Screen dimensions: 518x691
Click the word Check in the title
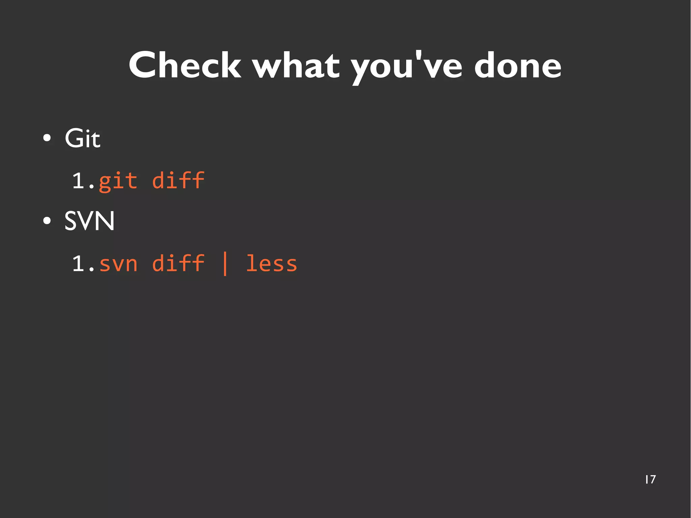pos(185,66)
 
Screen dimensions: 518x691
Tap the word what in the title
pos(296,66)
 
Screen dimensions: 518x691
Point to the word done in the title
pos(518,66)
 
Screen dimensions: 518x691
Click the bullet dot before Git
pos(47,138)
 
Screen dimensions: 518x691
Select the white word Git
pos(82,138)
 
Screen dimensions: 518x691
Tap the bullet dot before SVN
pos(47,221)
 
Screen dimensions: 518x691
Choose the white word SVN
pos(89,221)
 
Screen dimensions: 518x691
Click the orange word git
pos(118,181)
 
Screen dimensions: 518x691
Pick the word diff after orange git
pos(178,181)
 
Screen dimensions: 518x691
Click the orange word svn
pos(118,264)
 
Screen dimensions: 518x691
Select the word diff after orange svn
pos(178,263)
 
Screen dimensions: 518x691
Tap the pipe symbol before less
pos(225,264)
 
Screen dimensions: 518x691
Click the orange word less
pos(272,263)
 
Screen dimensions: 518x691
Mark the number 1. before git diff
pos(83,181)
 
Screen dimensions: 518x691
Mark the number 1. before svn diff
pos(83,264)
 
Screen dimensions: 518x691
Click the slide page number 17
pos(650,480)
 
